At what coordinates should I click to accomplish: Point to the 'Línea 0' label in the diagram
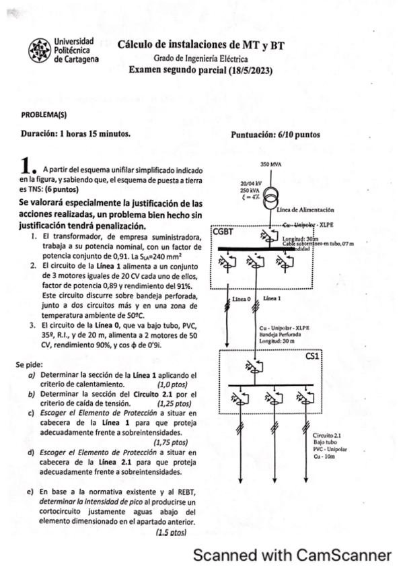(241, 298)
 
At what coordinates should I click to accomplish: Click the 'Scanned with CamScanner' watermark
(292, 556)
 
